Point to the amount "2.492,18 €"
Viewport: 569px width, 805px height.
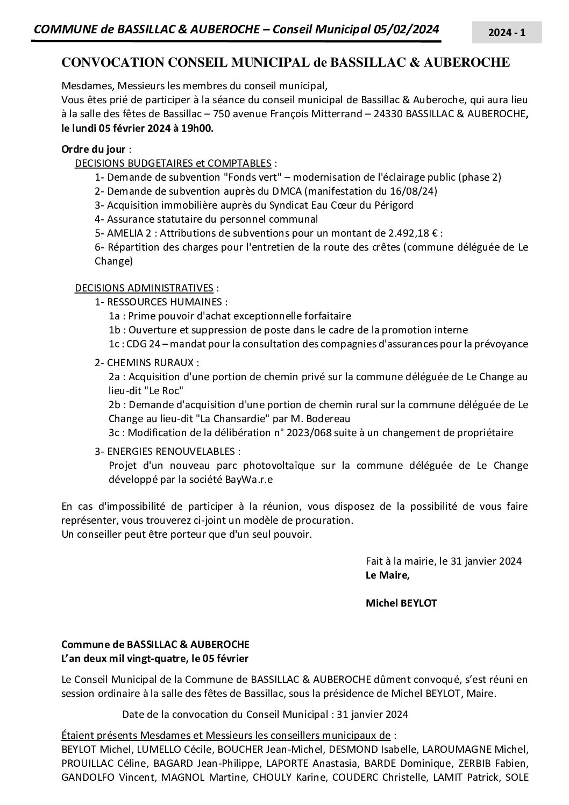(410, 233)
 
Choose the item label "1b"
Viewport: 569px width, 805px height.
(115, 330)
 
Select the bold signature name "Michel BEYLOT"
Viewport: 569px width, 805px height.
(401, 603)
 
